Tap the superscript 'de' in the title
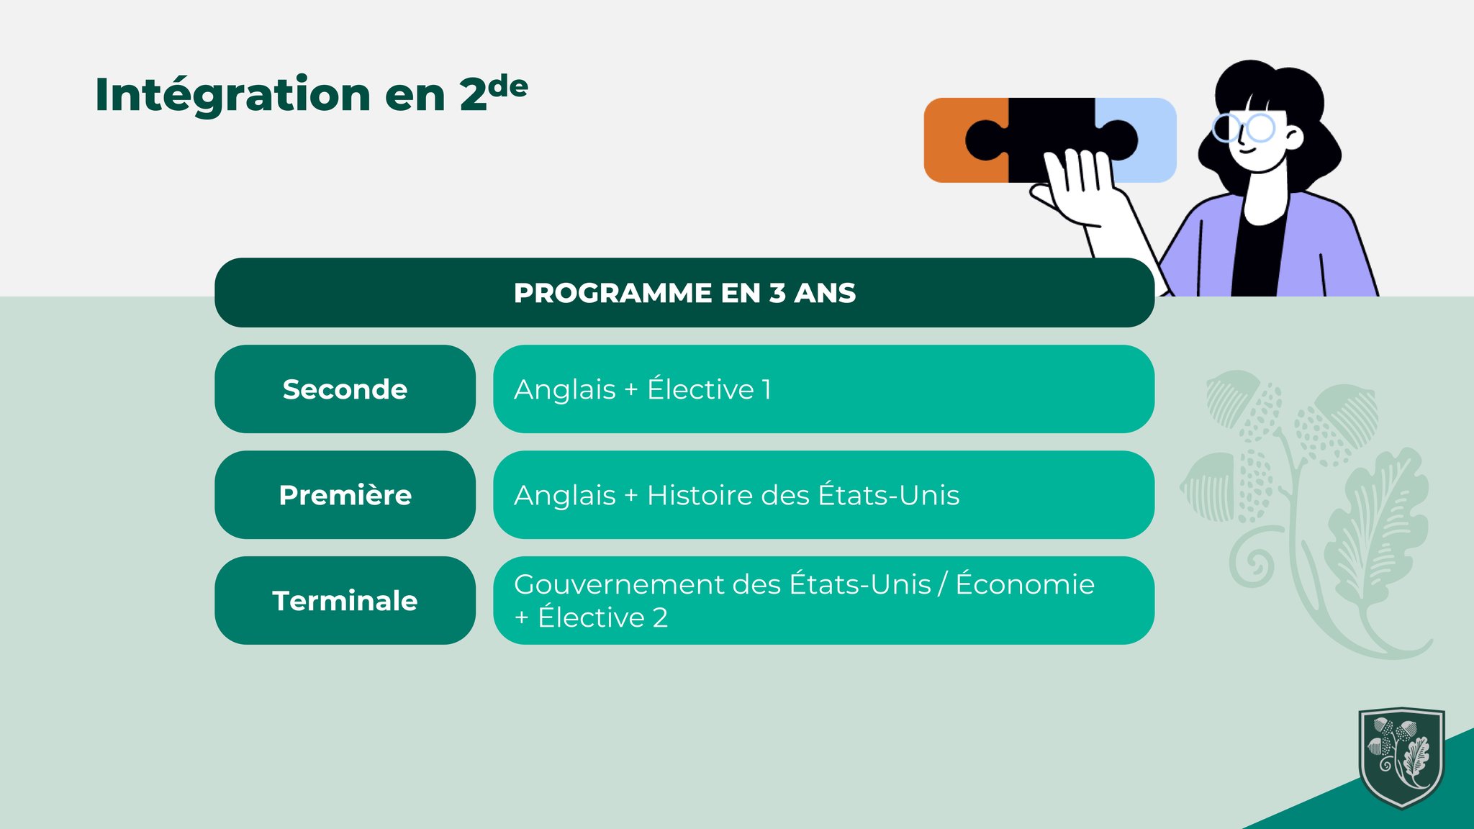point(507,87)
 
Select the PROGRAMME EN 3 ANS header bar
point(684,293)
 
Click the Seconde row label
point(345,389)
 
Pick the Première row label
point(345,495)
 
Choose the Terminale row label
point(345,601)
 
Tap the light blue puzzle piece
point(1144,140)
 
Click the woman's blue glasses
point(1244,128)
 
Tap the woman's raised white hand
point(1076,186)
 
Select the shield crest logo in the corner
point(1401,757)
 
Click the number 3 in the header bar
point(777,293)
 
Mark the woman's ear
point(1293,137)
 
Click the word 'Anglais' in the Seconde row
point(565,390)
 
